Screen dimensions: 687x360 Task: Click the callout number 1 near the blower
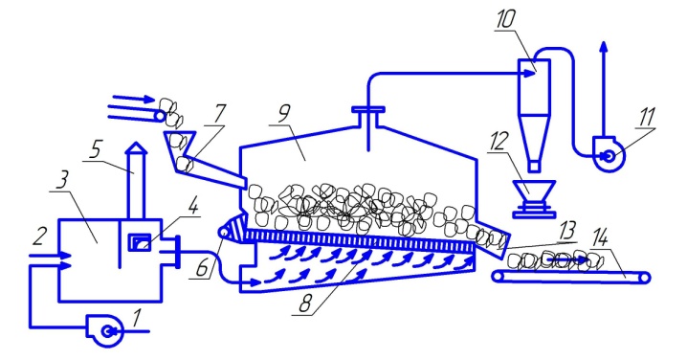pos(137,318)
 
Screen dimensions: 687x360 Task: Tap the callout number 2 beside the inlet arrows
pos(38,236)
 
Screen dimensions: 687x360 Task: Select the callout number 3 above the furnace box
pos(62,180)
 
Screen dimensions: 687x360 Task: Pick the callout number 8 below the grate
pos(306,304)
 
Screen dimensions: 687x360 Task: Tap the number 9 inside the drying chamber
pos(284,114)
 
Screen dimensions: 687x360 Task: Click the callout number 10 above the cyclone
pos(505,20)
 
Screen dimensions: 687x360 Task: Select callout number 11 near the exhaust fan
pos(647,117)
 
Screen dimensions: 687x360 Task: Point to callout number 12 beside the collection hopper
pos(499,141)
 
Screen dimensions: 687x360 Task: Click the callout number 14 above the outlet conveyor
pos(599,239)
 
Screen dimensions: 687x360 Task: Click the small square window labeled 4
pos(140,242)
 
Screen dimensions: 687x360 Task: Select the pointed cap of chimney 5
pos(136,147)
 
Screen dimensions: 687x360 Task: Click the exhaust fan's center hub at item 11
pos(609,155)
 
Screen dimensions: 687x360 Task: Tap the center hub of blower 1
pos(106,332)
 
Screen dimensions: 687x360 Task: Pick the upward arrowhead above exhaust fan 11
pos(604,47)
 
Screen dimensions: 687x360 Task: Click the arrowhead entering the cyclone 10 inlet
pos(531,74)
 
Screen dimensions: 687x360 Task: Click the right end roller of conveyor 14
pos(645,278)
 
